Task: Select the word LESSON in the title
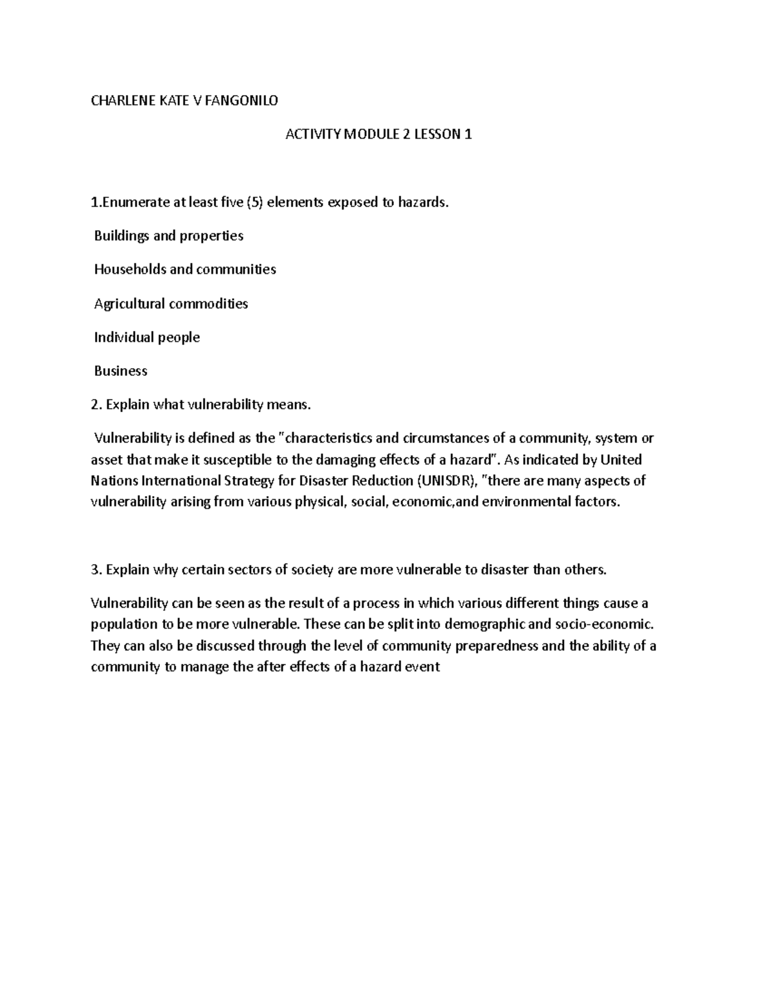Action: click(437, 134)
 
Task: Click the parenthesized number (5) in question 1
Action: click(253, 202)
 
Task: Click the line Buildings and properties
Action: click(168, 236)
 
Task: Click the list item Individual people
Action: click(146, 337)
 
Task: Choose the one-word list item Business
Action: click(120, 371)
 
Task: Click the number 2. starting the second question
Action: click(96, 405)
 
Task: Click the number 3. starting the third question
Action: click(96, 569)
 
